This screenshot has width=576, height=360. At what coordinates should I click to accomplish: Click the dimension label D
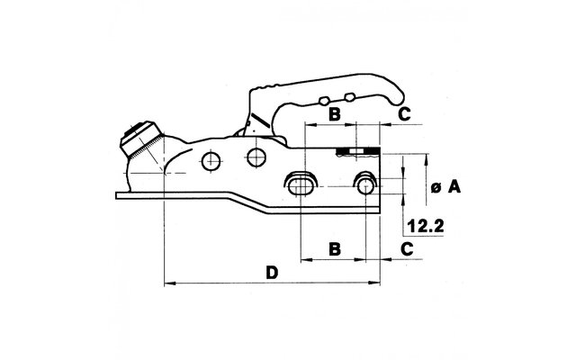272,273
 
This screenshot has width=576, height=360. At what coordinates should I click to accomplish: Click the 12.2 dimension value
426,226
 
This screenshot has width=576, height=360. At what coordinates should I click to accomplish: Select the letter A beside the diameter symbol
454,187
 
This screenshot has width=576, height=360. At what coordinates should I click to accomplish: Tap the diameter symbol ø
436,188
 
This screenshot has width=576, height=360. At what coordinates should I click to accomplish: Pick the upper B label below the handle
334,114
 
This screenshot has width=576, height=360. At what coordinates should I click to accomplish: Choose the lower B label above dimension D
334,249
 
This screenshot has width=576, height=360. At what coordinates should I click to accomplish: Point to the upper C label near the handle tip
404,114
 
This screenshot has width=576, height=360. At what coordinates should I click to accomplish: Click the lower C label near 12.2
406,249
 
